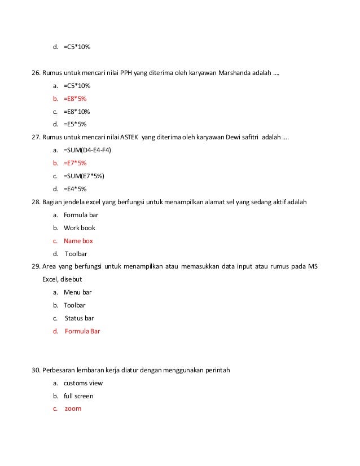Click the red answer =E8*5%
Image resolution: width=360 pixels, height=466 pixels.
[x=75, y=99]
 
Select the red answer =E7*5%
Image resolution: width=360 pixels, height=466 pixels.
[x=75, y=163]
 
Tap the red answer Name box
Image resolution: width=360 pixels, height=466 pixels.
[x=78, y=241]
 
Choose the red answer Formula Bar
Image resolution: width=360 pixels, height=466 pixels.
[x=82, y=331]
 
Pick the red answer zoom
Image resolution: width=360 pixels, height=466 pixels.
[x=73, y=408]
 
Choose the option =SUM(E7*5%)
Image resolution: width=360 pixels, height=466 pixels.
[x=84, y=176]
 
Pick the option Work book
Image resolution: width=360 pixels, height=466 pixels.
[x=80, y=228]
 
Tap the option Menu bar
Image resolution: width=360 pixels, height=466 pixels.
[x=78, y=292]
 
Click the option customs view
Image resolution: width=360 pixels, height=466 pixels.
[x=83, y=383]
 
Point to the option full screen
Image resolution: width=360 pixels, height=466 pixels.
[x=78, y=396]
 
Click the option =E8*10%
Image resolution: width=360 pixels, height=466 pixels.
[x=77, y=112]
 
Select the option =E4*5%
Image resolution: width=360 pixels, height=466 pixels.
[x=75, y=189]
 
